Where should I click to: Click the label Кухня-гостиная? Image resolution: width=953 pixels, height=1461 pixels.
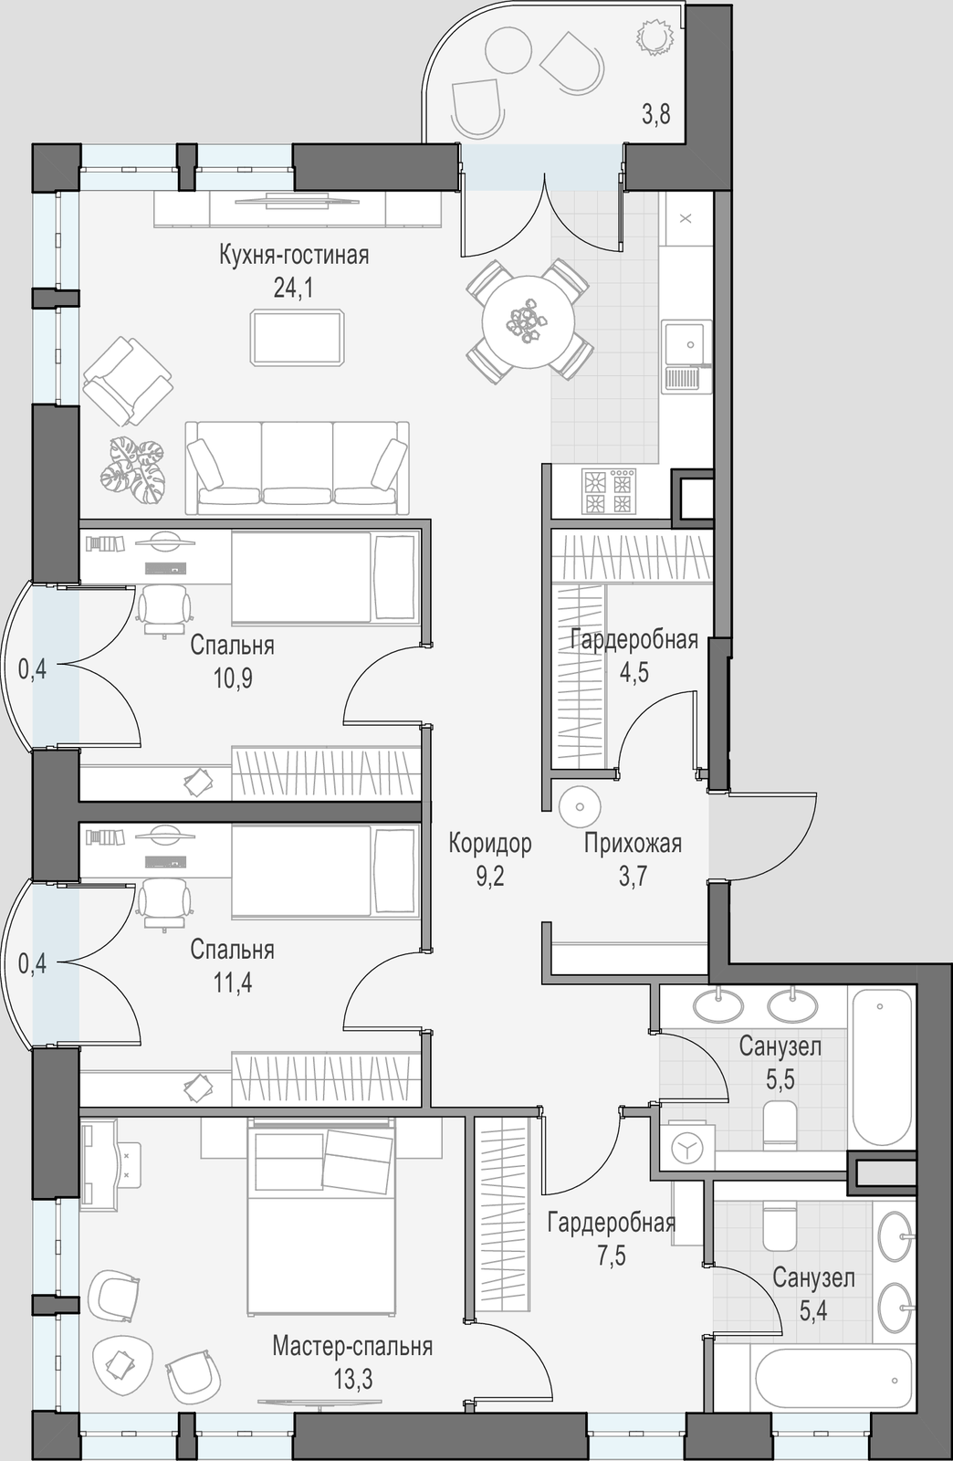[294, 256]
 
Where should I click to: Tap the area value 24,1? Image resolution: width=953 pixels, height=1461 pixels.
[293, 287]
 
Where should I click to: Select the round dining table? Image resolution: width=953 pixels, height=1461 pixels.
[528, 321]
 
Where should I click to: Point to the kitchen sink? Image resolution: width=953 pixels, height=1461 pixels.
[686, 356]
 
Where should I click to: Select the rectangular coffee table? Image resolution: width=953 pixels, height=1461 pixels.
[298, 338]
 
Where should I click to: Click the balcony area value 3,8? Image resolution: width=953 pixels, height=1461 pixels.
[655, 114]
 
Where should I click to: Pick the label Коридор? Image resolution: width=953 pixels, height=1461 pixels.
[490, 844]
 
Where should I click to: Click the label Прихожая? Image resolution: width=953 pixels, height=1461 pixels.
[633, 844]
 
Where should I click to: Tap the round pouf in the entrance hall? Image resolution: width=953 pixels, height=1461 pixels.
[580, 807]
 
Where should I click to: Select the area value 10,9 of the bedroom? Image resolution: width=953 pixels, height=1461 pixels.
[233, 678]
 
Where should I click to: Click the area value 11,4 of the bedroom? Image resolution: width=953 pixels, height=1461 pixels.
[233, 983]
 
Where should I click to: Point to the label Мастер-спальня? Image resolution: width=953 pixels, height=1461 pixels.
[352, 1347]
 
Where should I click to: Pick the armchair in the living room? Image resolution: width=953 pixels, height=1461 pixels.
[128, 381]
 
